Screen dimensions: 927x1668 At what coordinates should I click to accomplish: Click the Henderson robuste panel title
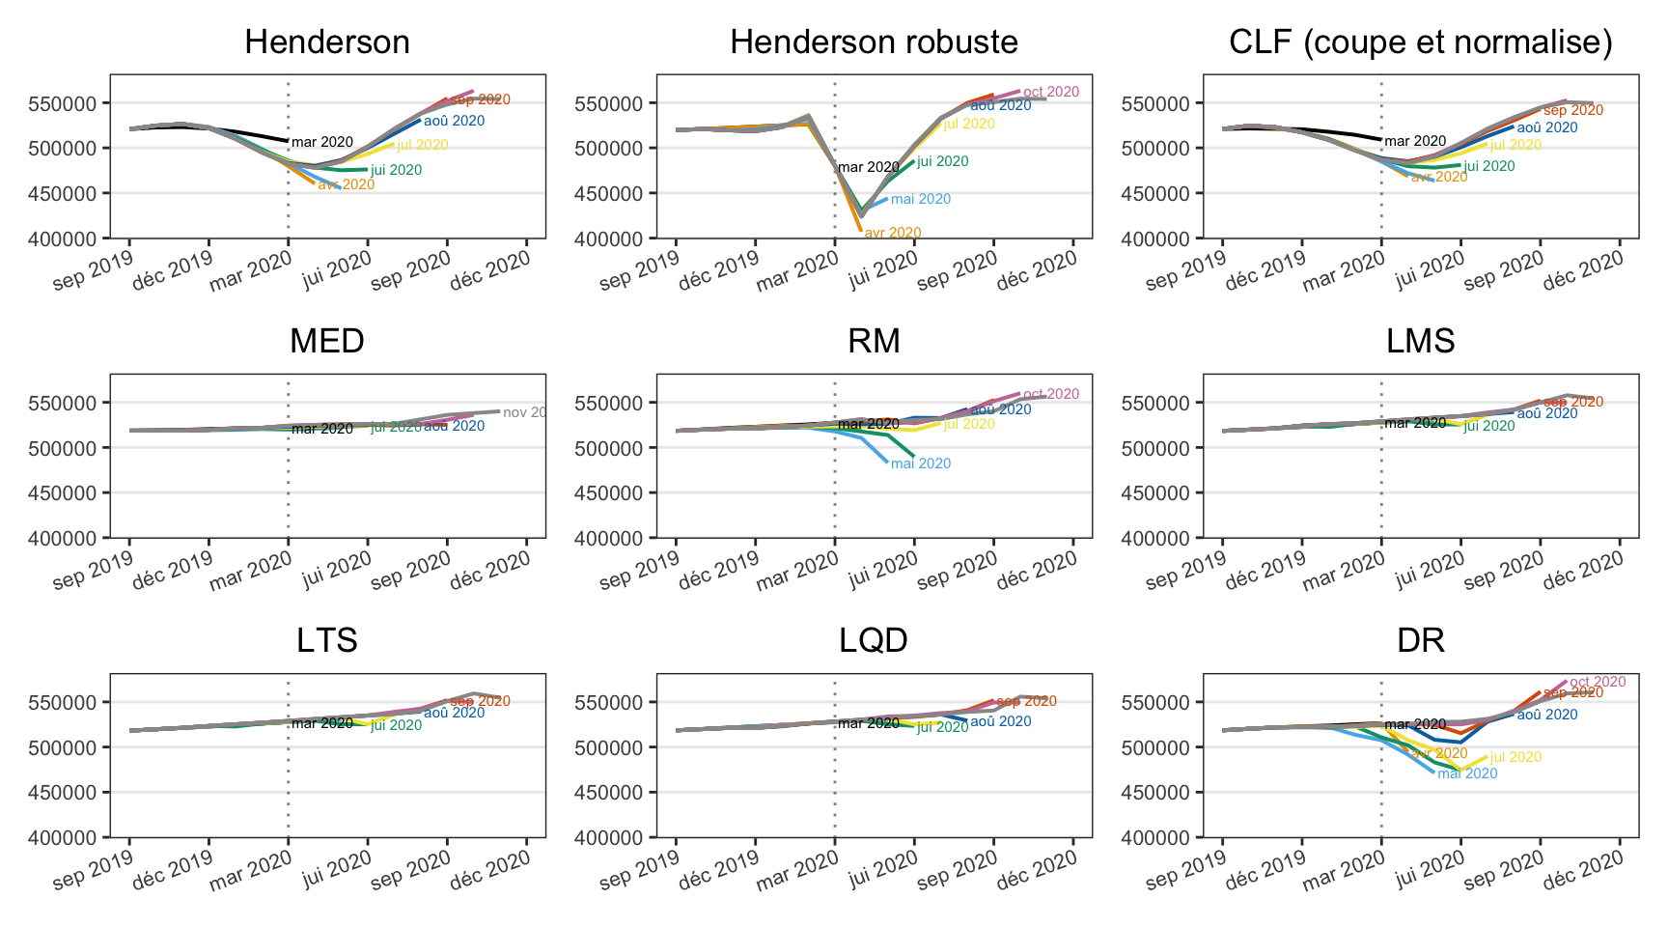[874, 42]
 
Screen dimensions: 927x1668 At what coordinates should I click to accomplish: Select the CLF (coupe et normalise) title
[1420, 42]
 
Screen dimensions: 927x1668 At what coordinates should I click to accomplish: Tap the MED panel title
[327, 342]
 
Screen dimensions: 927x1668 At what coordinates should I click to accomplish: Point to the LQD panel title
[874, 641]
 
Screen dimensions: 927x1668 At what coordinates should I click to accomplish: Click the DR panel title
[1420, 641]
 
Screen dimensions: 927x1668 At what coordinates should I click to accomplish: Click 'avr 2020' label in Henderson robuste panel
[892, 233]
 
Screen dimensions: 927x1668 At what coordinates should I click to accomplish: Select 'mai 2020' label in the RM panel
[920, 463]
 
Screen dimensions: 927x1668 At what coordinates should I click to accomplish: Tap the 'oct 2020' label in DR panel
[1598, 682]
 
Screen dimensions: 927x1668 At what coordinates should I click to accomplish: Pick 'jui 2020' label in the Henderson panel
[396, 170]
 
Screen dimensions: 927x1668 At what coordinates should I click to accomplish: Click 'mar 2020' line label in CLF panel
[1415, 141]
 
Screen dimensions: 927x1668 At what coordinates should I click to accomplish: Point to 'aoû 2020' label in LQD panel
[1000, 721]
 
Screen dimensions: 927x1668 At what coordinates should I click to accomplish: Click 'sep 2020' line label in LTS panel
[480, 701]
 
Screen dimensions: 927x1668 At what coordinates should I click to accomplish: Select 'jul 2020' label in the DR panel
[1515, 757]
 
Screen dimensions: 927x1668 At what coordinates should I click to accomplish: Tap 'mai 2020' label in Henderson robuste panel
[920, 199]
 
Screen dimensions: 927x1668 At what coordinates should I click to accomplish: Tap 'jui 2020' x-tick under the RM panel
[881, 565]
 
